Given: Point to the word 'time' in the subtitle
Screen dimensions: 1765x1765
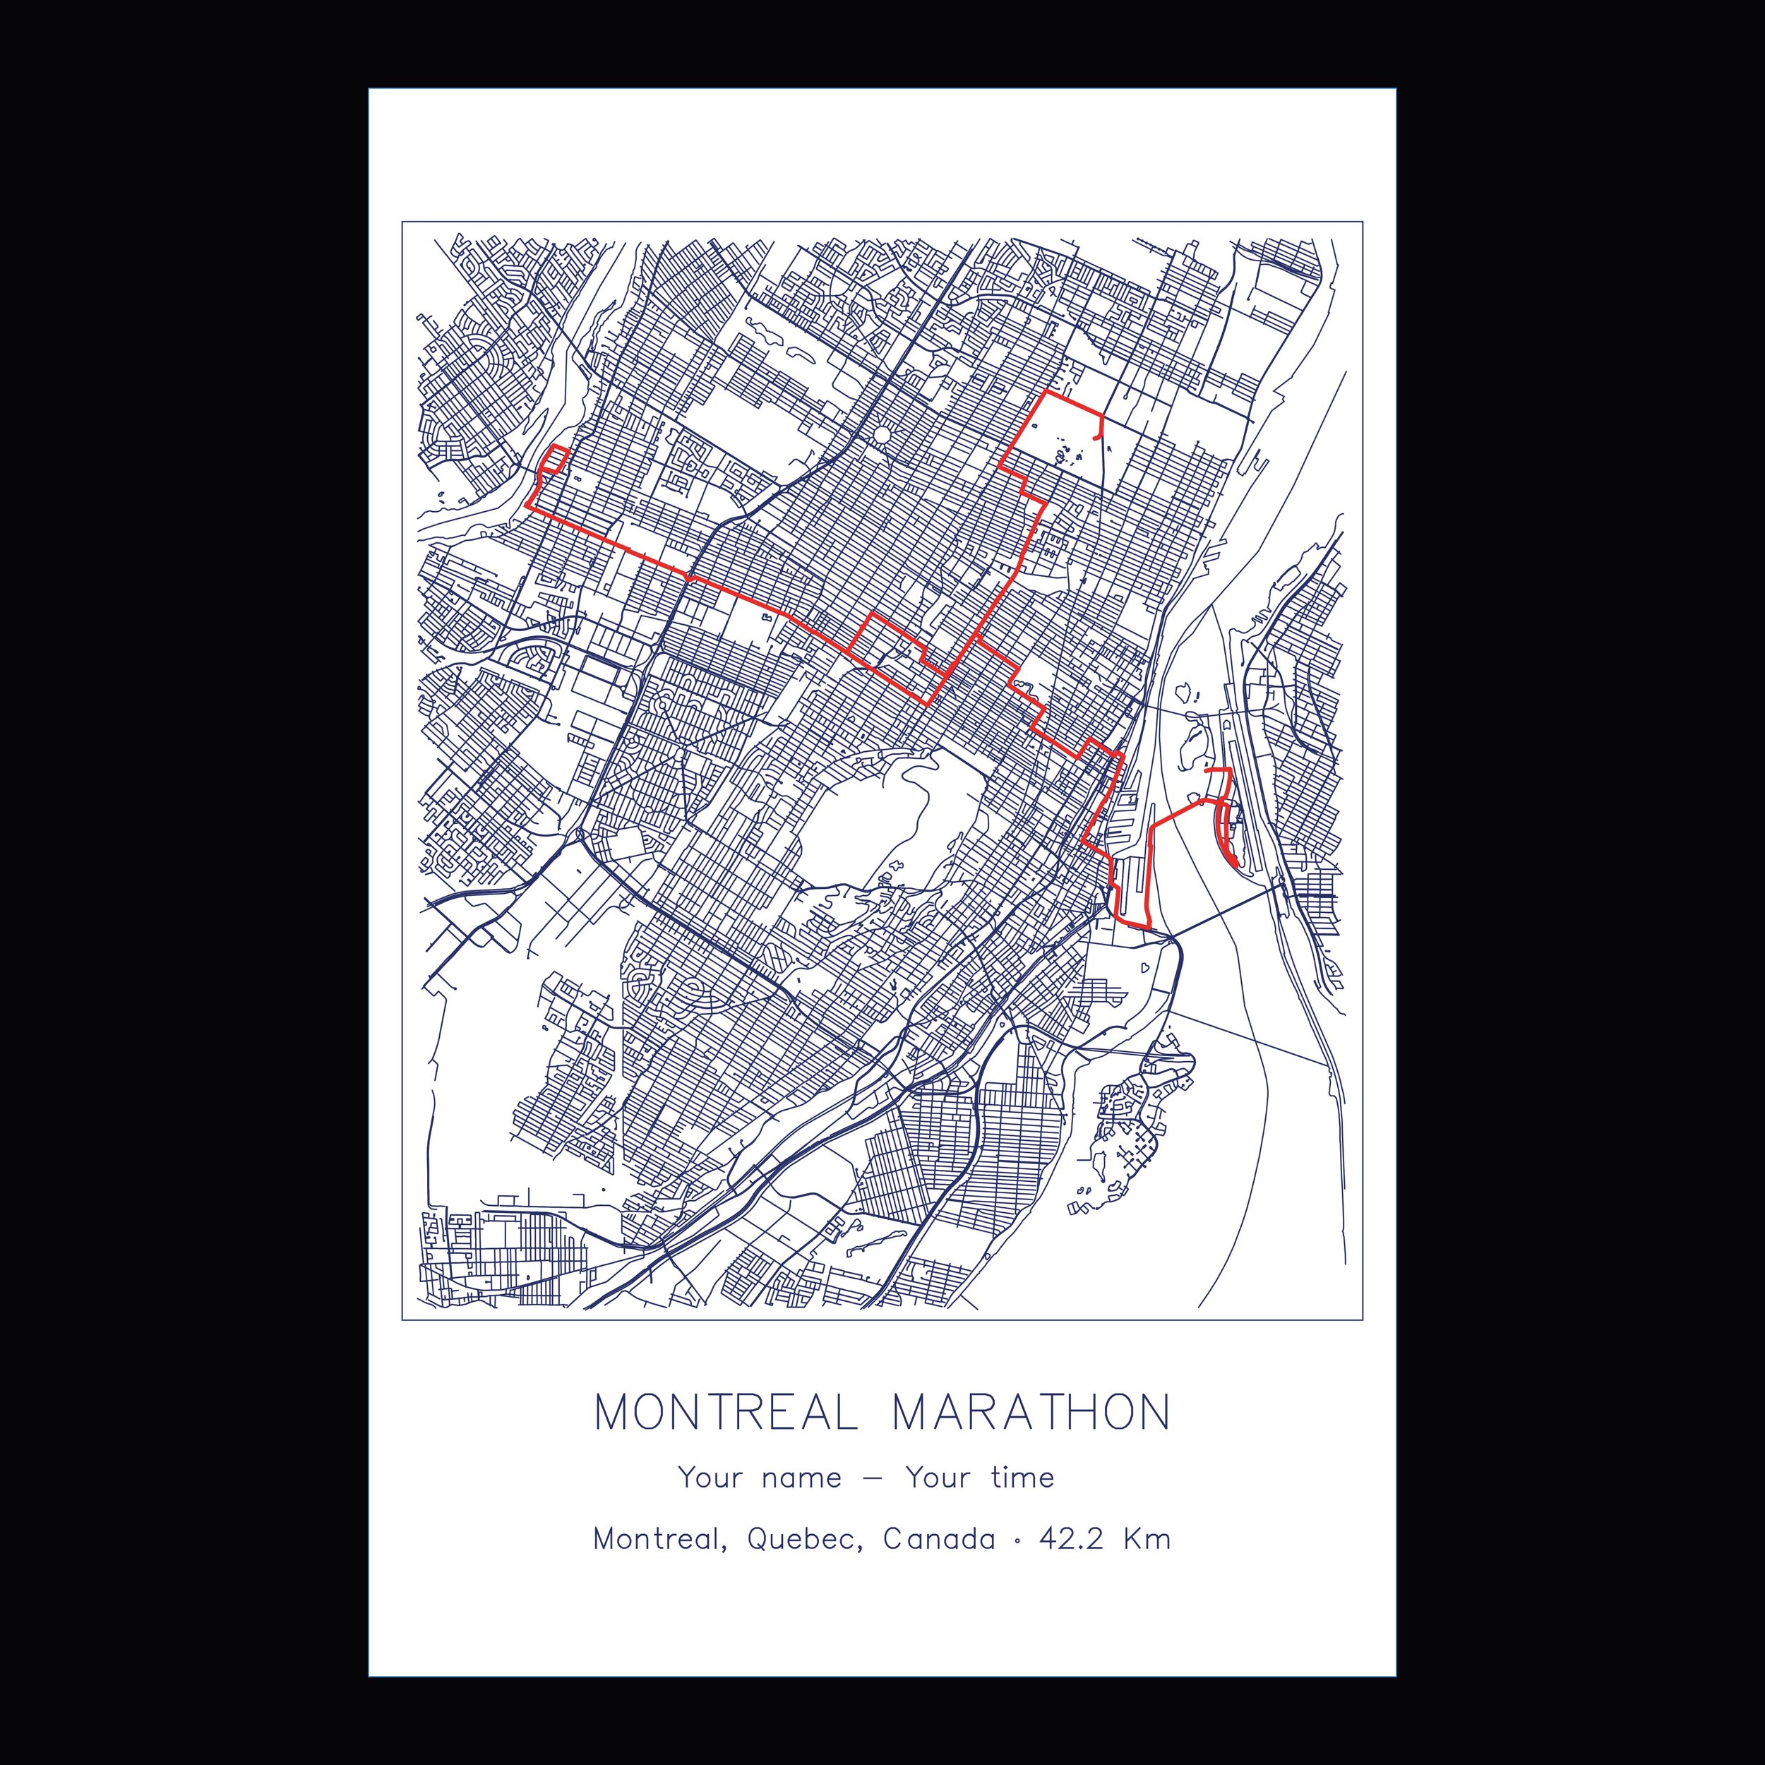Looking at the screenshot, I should coord(1022,1503).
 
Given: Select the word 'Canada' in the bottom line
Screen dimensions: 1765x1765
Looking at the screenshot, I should coord(939,1565).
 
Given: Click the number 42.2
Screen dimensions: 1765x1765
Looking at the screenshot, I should coord(1072,1565).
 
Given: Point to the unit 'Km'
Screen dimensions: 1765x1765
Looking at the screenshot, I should coord(1147,1565).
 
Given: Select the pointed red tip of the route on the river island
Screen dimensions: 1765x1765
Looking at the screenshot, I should coord(1235,861).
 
